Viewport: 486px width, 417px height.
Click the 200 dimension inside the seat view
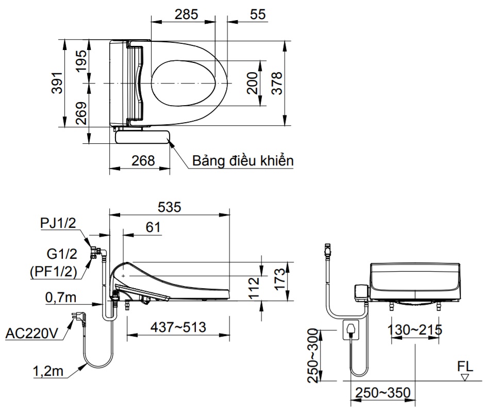252,83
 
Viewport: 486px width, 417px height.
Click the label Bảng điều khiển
243,160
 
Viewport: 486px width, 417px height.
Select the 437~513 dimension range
178,327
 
